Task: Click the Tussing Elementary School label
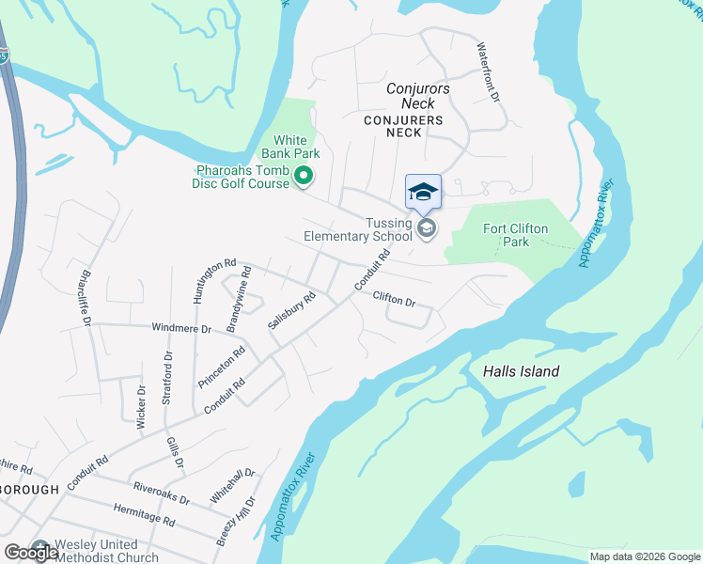[357, 229]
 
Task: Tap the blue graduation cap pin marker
[423, 193]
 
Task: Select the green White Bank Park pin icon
[304, 176]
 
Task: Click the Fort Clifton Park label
[515, 235]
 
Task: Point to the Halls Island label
[521, 371]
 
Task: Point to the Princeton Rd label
[222, 368]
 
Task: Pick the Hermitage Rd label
[144, 519]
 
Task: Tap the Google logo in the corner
[31, 553]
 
